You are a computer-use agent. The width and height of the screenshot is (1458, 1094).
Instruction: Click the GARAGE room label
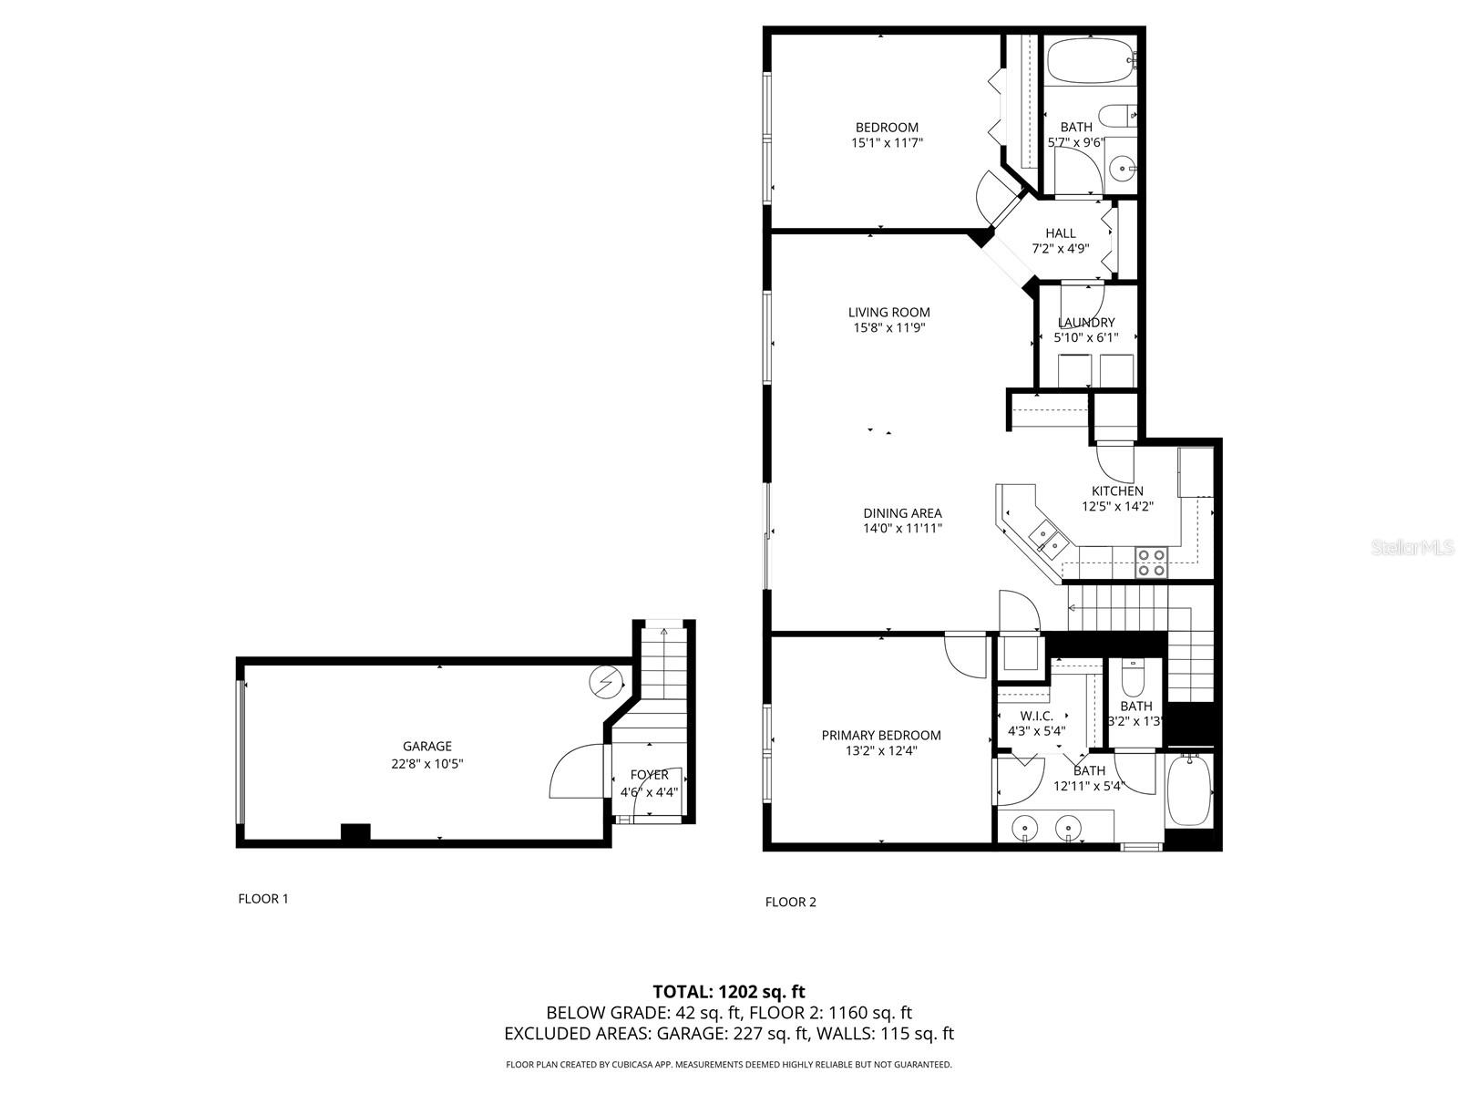427,747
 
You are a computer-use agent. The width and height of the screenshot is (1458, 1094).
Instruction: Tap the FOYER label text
649,775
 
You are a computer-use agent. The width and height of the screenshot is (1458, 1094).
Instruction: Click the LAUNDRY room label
1085,323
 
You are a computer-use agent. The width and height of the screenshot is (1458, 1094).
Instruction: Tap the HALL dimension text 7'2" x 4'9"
1060,249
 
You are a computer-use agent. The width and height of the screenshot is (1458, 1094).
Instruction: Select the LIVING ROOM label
888,313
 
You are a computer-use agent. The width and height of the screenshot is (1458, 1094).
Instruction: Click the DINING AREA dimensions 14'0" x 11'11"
902,528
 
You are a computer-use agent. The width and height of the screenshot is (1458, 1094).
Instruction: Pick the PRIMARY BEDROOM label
880,736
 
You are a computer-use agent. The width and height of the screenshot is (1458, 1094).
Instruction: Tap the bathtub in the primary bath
1190,789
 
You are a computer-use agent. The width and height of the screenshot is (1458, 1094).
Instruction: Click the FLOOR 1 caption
262,899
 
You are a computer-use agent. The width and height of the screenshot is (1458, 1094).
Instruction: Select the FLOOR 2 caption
790,903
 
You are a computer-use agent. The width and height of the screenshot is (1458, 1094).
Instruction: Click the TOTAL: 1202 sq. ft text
729,992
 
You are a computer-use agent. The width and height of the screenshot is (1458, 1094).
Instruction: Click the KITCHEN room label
1117,491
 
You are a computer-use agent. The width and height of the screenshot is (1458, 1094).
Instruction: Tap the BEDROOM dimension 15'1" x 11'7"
886,143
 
